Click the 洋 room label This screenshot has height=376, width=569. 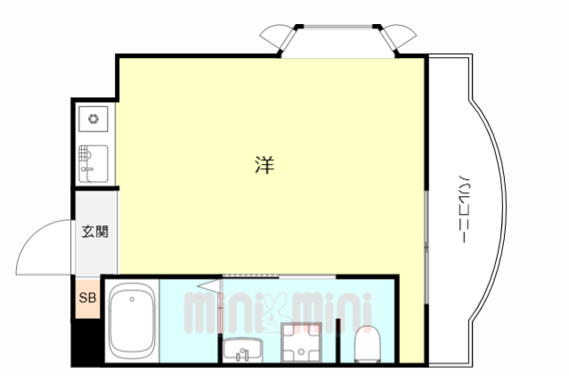264,164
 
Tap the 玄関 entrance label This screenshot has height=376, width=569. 94,232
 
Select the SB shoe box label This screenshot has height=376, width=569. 87,298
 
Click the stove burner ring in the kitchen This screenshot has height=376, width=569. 93,118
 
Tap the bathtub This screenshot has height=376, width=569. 132,323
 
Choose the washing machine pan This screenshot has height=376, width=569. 301,343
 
